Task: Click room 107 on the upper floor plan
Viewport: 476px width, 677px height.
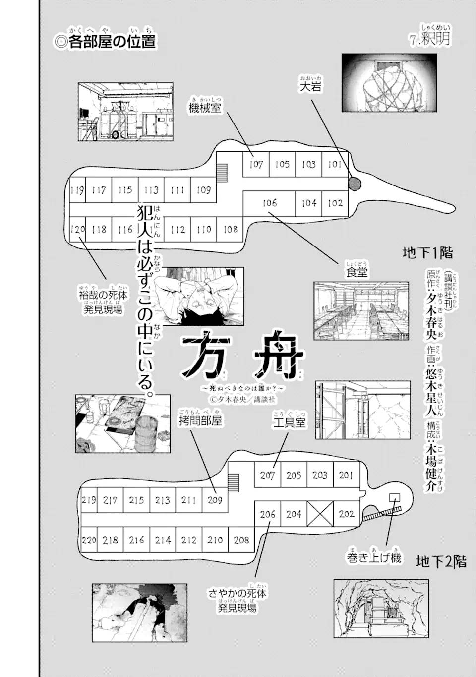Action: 256,164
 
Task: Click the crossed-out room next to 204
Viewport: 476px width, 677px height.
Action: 320,514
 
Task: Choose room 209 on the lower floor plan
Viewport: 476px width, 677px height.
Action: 215,500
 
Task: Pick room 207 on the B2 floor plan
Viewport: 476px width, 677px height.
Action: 267,475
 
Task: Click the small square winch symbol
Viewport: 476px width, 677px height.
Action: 395,497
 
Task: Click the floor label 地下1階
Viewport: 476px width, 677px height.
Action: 427,253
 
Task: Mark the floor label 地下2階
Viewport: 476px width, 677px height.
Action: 441,562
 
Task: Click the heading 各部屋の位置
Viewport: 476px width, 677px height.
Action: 106,41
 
